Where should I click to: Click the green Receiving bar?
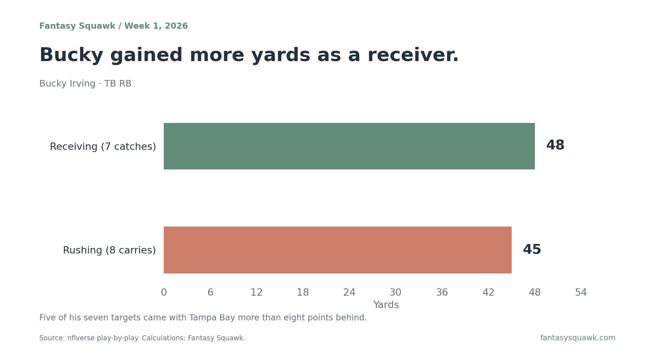click(x=349, y=146)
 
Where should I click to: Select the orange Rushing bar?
click(x=338, y=250)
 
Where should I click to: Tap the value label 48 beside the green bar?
click(x=555, y=145)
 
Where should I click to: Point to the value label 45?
click(x=532, y=250)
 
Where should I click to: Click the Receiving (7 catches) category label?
click(x=103, y=147)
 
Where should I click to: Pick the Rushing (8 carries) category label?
click(x=110, y=251)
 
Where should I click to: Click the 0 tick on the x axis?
click(x=164, y=293)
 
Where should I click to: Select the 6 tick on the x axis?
click(x=210, y=293)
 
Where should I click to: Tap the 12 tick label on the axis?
click(x=257, y=293)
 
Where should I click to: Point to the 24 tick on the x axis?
click(x=349, y=293)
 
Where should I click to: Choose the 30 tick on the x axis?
click(x=396, y=293)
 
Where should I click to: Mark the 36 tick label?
click(x=442, y=293)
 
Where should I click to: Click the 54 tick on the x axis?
click(x=581, y=293)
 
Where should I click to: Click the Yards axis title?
click(x=386, y=305)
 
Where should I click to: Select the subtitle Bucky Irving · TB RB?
click(x=86, y=84)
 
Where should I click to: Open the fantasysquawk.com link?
click(x=578, y=338)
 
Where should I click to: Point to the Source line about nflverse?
click(x=142, y=338)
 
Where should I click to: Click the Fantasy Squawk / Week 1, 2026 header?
click(x=114, y=26)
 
